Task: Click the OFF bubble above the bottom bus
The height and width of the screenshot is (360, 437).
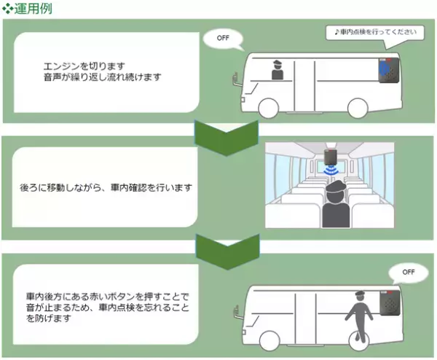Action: [x=407, y=273]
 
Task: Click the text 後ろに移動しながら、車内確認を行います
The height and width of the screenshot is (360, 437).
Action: [x=106, y=188]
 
